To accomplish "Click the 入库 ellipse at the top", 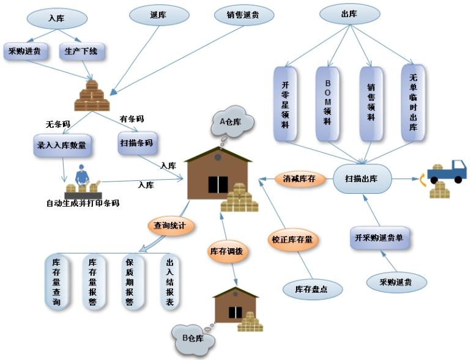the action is click(57, 18).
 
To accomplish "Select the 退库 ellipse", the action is click(159, 15).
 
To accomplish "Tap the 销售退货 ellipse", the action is click(244, 15).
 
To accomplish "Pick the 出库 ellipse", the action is click(350, 14).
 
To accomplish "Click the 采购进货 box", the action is click(26, 51).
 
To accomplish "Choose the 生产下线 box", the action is click(82, 51).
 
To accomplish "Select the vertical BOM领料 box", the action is click(328, 103).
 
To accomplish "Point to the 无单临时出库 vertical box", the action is click(414, 103).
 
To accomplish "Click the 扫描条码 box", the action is click(137, 143).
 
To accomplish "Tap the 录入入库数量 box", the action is click(62, 145).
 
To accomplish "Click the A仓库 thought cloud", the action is click(232, 121).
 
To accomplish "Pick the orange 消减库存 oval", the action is click(300, 179).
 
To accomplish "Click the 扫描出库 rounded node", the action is click(362, 178).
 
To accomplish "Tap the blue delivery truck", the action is click(447, 172).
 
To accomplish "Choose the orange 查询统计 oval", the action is click(171, 226).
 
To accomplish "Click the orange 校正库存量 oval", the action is click(292, 240).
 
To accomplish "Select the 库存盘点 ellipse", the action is click(313, 290).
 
